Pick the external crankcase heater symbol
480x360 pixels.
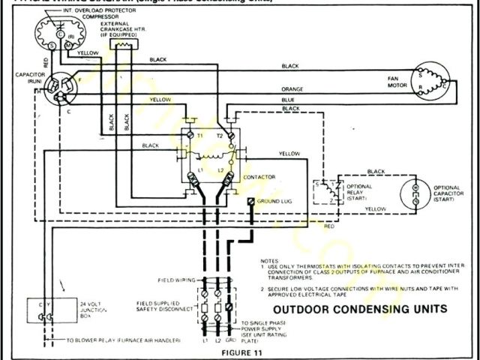[x=121, y=45]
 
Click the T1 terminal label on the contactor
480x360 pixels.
[x=200, y=134]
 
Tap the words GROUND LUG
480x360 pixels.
[x=274, y=202]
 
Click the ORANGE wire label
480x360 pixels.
[x=292, y=90]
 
